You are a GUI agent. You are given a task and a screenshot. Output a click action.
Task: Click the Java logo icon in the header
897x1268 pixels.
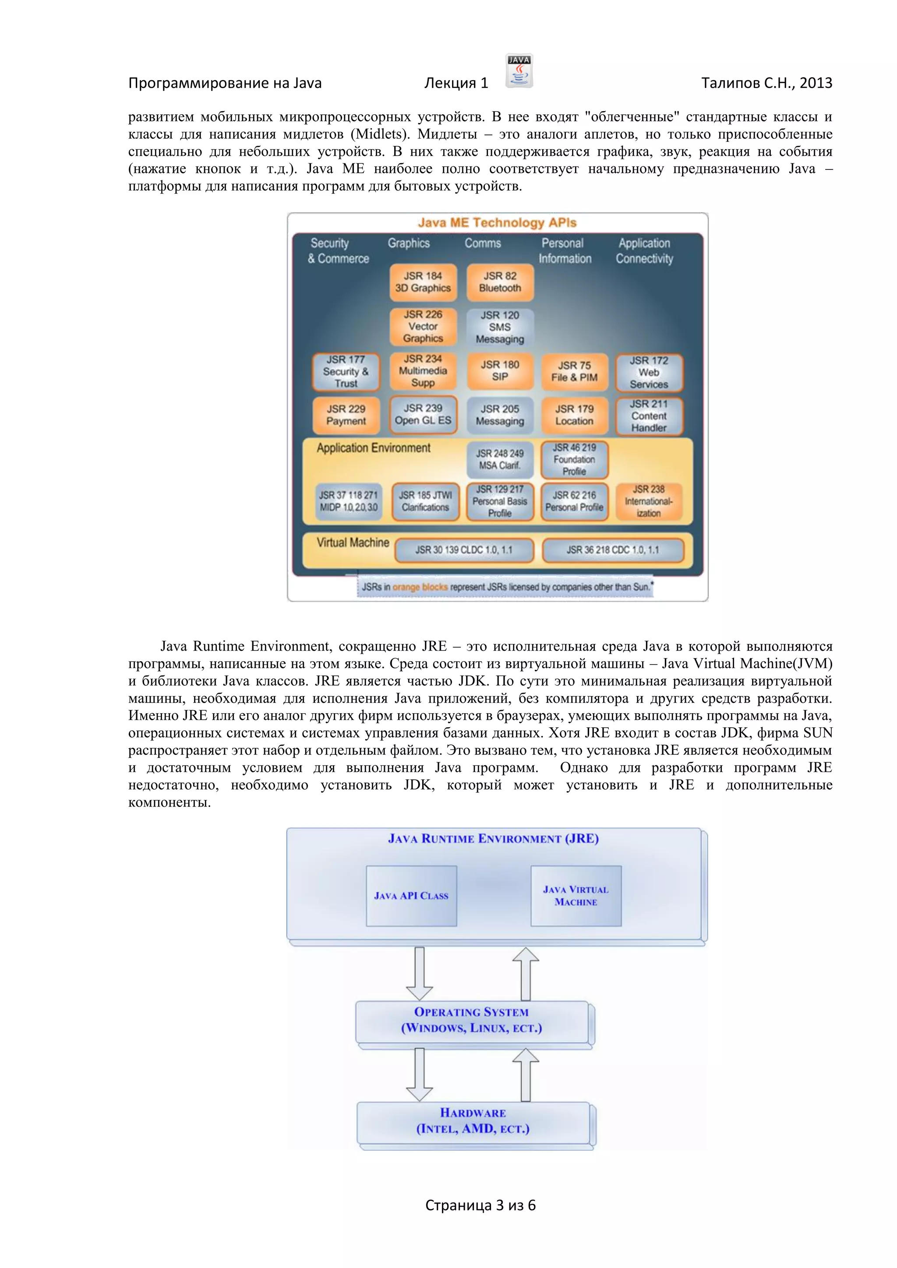point(519,70)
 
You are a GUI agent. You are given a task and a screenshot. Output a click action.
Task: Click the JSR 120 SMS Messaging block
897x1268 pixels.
point(500,327)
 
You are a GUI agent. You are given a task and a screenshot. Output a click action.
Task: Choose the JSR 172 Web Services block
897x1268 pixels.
point(649,372)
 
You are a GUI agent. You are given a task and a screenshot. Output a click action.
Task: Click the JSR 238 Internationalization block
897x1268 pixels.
point(649,501)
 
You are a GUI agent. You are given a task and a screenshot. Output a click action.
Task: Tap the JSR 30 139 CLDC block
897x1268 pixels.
point(464,550)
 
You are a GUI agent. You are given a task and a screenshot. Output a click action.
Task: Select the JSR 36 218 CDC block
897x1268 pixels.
point(613,550)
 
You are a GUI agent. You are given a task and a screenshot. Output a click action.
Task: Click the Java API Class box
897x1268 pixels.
point(412,896)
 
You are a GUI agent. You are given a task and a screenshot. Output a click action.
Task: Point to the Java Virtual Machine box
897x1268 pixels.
point(576,896)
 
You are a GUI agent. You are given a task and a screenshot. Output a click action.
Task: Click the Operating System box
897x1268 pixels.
point(472,1021)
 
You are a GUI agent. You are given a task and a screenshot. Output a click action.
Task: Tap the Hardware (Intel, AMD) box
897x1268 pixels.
point(473,1121)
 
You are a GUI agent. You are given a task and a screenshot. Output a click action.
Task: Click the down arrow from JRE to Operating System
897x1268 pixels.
point(420,973)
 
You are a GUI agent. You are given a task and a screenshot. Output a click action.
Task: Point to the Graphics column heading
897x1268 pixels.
point(409,243)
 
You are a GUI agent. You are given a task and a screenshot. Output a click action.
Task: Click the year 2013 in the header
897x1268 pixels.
point(816,83)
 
